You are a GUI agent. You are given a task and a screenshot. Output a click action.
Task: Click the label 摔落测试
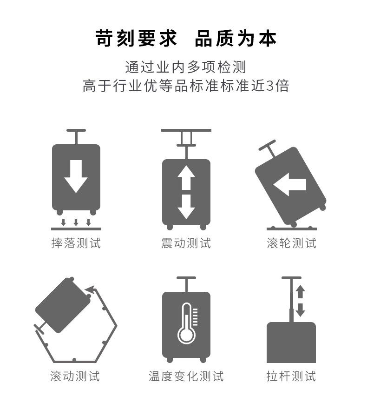point(76,243)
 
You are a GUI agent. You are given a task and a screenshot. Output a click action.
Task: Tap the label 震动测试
point(186,243)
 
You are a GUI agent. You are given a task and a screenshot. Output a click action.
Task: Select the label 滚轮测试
point(291,243)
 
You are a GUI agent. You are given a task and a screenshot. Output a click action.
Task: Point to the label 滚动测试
point(75,376)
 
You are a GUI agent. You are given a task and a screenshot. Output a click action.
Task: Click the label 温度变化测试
point(186,376)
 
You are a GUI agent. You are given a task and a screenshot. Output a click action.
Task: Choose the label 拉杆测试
point(291,376)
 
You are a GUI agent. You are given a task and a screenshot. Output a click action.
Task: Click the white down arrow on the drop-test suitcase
point(76,176)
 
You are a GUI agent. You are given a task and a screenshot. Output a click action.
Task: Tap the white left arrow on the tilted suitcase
point(289,185)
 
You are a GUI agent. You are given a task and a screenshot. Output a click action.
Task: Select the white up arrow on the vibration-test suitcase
point(186,177)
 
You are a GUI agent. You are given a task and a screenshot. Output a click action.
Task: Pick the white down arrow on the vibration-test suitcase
point(186,206)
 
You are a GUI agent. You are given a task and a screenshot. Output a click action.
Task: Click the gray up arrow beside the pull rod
point(301,292)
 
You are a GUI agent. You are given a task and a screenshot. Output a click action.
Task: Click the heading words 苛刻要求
point(137,39)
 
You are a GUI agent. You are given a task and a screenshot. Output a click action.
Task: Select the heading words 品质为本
point(236,39)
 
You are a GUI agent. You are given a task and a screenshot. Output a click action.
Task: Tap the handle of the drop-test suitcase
point(76,131)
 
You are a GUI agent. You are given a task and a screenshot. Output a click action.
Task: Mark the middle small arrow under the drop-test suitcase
point(76,222)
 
